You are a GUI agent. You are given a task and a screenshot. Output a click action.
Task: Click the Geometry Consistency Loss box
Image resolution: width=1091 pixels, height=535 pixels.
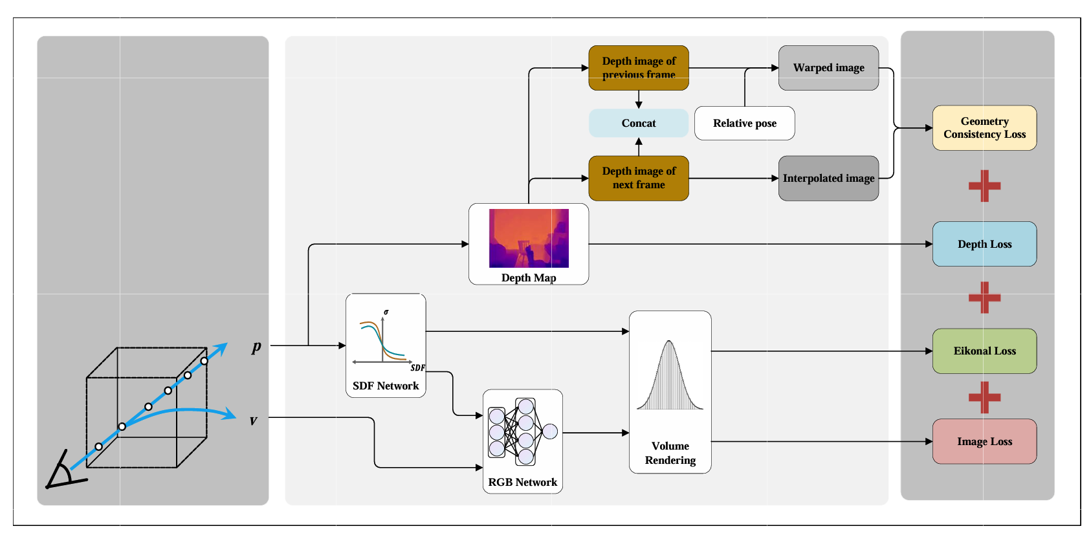pyautogui.click(x=984, y=128)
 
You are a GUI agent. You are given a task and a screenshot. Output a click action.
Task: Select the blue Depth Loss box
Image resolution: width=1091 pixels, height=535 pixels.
pyautogui.click(x=984, y=244)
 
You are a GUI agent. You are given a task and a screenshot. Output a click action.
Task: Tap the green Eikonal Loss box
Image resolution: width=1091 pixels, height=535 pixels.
pyautogui.click(x=984, y=351)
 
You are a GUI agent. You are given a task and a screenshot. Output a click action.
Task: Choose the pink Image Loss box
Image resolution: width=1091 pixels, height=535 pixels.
pyautogui.click(x=984, y=441)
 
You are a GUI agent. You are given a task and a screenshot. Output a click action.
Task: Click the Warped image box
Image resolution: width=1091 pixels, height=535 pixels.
pyautogui.click(x=828, y=68)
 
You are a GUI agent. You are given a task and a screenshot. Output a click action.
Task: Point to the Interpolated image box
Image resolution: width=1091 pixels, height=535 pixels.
pyautogui.click(x=828, y=179)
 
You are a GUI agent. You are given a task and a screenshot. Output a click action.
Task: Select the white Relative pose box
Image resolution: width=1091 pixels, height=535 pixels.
pyautogui.click(x=744, y=124)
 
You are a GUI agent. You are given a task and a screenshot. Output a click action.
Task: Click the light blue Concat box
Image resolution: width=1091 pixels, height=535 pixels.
pyautogui.click(x=638, y=123)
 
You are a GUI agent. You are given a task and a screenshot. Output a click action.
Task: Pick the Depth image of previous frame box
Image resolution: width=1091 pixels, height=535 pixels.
pyautogui.click(x=638, y=68)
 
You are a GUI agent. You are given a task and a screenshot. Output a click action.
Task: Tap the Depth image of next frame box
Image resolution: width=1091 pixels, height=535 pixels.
pyautogui.click(x=638, y=179)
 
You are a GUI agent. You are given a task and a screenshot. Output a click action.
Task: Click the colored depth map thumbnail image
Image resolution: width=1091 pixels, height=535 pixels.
pyautogui.click(x=529, y=238)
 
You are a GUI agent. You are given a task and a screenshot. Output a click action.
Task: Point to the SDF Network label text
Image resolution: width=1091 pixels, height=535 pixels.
pyautogui.click(x=386, y=386)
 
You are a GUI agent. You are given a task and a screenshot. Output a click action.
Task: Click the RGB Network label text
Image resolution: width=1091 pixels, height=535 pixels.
pyautogui.click(x=522, y=483)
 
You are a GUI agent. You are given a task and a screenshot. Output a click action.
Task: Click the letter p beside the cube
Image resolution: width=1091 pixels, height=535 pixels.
pyautogui.click(x=257, y=347)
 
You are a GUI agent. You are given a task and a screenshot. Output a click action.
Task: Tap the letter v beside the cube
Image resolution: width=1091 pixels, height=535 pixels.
pyautogui.click(x=253, y=421)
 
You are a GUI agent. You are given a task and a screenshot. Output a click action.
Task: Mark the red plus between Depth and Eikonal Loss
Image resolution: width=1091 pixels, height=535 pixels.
pyautogui.click(x=984, y=298)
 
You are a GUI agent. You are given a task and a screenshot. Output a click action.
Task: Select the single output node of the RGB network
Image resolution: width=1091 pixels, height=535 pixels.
pyautogui.click(x=550, y=431)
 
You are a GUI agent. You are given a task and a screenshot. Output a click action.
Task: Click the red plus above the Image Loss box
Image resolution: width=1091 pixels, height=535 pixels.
pyautogui.click(x=984, y=397)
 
